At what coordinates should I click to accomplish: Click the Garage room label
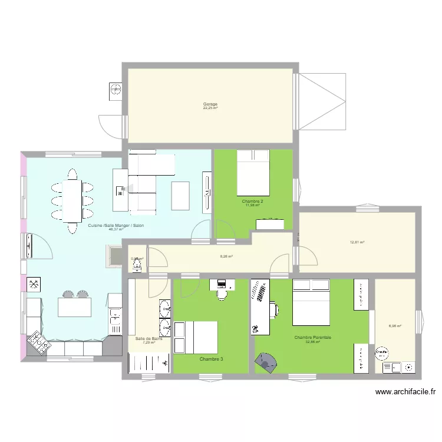[210, 104]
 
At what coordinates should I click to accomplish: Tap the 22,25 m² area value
[210, 108]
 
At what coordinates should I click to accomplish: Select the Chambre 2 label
[253, 202]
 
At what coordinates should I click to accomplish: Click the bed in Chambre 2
[253, 172]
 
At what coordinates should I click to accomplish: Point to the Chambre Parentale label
[313, 338]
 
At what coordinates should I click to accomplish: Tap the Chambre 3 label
[211, 358]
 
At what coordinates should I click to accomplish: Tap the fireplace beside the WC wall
[113, 255]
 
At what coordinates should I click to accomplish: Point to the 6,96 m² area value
[395, 325]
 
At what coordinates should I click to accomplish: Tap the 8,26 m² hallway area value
[226, 256]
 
